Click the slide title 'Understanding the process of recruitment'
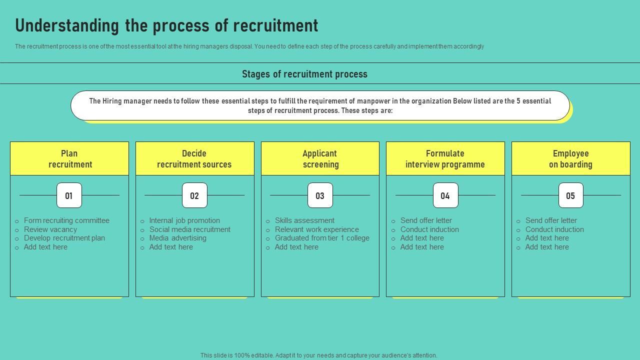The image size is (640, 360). click(x=166, y=25)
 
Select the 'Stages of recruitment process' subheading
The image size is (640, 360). click(x=304, y=74)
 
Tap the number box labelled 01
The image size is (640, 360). click(x=69, y=195)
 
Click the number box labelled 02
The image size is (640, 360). click(x=194, y=195)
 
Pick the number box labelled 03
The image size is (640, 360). click(x=320, y=195)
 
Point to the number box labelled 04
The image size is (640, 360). click(x=445, y=195)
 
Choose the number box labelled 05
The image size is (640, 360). click(x=570, y=195)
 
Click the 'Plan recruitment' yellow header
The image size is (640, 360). click(x=69, y=158)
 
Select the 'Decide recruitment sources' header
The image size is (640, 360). click(x=194, y=158)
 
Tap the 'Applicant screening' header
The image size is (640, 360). click(x=320, y=158)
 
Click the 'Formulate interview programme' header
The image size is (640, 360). click(x=445, y=158)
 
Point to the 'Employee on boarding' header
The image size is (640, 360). click(x=570, y=158)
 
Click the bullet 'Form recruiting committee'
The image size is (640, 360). click(x=66, y=220)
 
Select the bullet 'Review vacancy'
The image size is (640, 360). click(x=50, y=229)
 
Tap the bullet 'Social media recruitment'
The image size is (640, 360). click(x=189, y=229)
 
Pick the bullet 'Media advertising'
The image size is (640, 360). click(x=177, y=238)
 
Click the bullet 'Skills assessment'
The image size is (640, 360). click(x=304, y=220)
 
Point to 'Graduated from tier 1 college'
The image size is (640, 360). click(x=322, y=238)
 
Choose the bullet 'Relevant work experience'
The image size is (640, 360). click(x=316, y=229)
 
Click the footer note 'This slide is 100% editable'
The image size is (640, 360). click(x=318, y=355)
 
